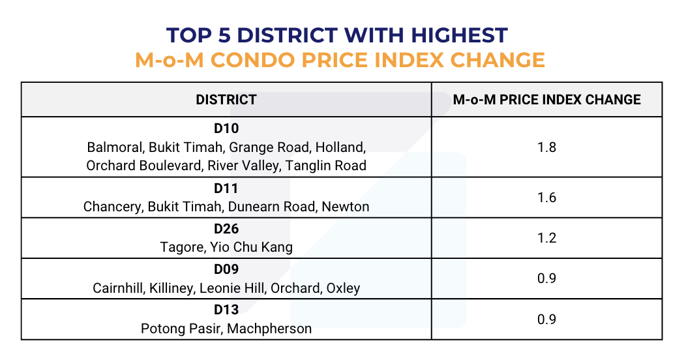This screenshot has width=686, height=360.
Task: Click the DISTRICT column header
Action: pos(226,100)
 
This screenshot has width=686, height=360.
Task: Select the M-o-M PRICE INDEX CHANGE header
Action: pos(546,100)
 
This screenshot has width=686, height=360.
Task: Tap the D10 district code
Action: pos(226,128)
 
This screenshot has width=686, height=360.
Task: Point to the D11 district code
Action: pos(226,189)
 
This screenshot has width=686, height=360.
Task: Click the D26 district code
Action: pos(226,230)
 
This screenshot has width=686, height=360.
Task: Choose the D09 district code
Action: pos(226,270)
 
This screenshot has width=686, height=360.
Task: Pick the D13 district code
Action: pos(226,310)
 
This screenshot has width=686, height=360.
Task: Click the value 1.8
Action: pos(546,147)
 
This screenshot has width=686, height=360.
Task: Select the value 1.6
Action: pos(546,198)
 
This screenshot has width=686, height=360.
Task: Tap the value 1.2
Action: pos(546,238)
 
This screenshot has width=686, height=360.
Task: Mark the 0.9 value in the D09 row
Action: pos(546,278)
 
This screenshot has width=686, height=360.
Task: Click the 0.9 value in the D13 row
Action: pos(546,319)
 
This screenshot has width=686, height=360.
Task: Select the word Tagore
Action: pos(181,247)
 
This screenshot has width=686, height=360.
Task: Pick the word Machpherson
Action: pos(270,328)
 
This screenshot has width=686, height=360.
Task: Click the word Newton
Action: pos(347,207)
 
